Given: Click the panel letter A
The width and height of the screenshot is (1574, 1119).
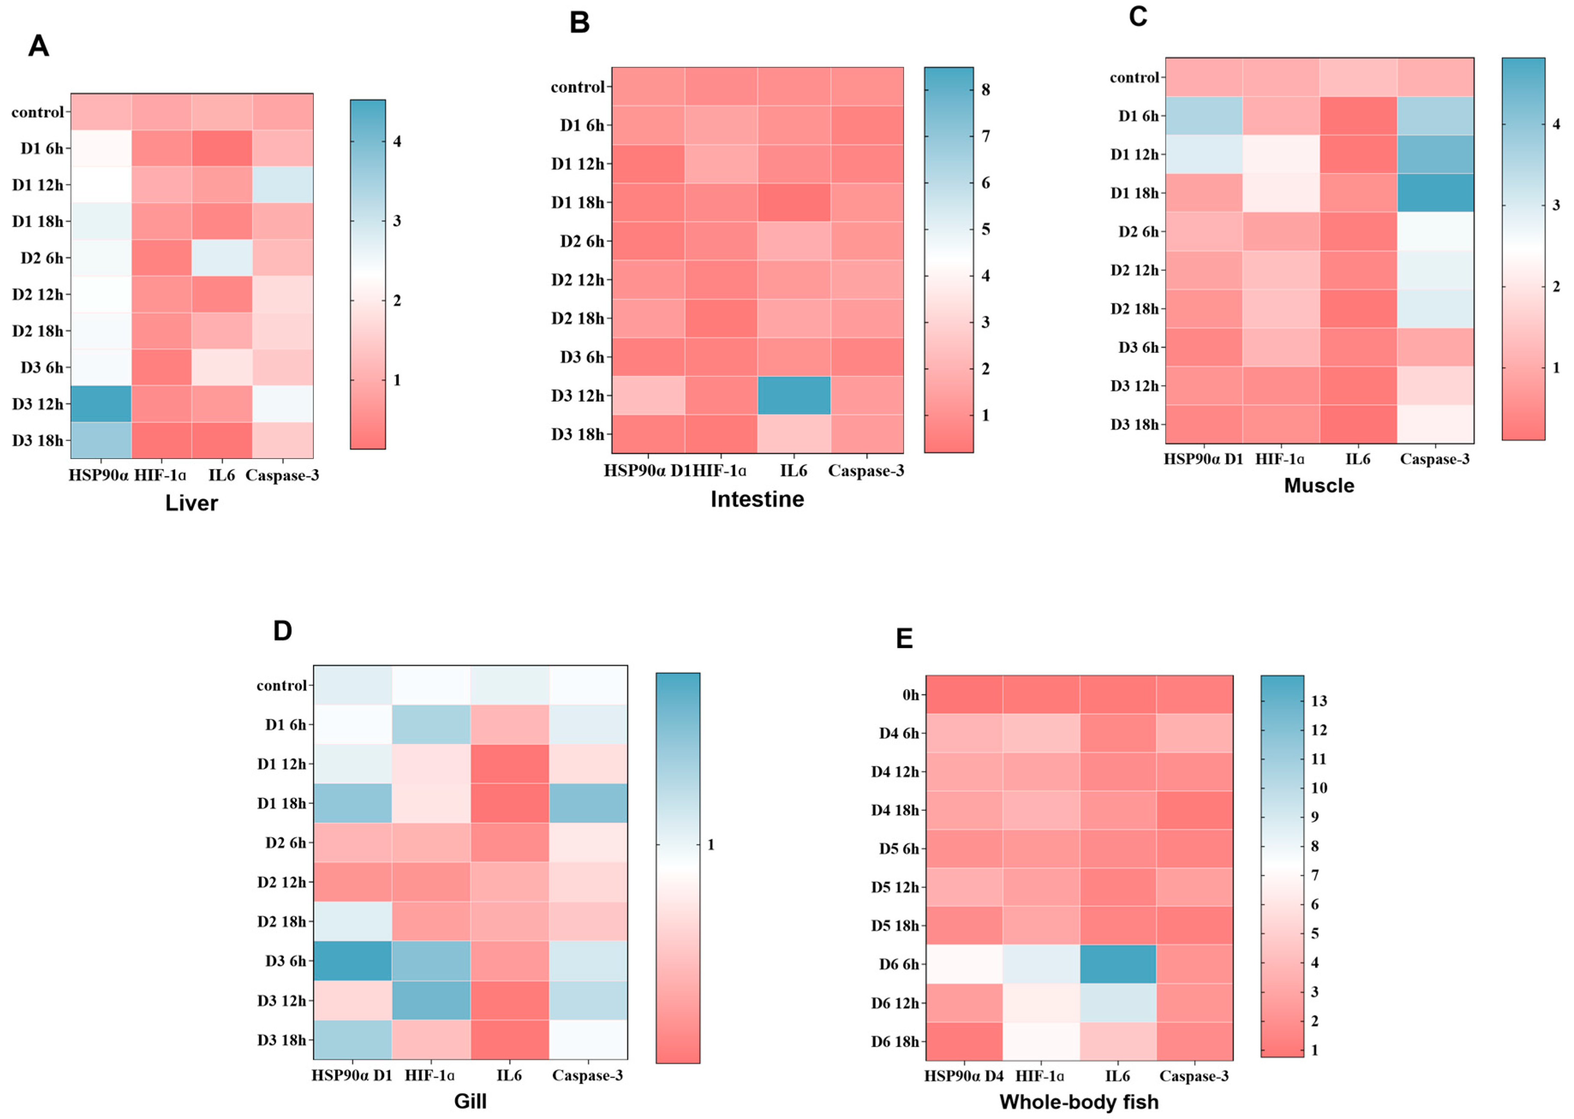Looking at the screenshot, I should (x=39, y=46).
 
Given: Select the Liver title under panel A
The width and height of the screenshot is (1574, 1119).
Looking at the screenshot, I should (x=191, y=503).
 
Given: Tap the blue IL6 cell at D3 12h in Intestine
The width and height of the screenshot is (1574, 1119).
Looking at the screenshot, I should (x=794, y=396).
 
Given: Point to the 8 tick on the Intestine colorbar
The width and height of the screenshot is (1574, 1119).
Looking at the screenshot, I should (x=986, y=89).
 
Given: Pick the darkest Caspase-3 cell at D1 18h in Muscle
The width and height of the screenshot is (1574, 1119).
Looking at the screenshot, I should (x=1435, y=193).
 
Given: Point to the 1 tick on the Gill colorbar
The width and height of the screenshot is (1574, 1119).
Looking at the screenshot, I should (x=710, y=844).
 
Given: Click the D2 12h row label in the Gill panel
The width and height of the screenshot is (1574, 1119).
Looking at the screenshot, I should (x=281, y=882).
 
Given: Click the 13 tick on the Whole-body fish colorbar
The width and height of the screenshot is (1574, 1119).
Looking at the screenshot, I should (x=1318, y=701).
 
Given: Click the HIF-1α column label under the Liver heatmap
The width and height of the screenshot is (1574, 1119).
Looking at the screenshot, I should (x=160, y=476).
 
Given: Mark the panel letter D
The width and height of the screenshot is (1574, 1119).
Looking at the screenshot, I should (x=283, y=631).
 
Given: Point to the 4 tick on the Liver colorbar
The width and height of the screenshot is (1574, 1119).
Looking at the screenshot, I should (x=396, y=141).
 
